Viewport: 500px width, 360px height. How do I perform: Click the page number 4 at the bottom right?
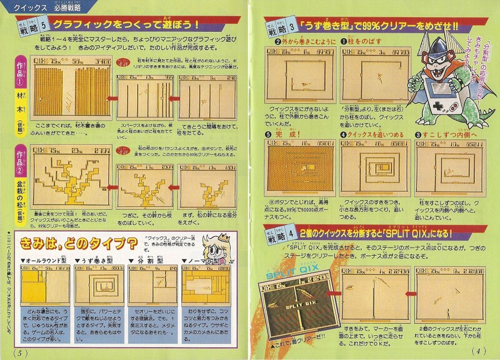pyautogui.click(x=481, y=351)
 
